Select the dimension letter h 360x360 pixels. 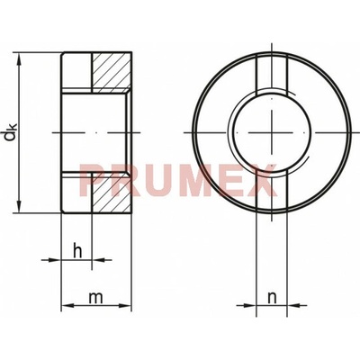[x=77, y=251]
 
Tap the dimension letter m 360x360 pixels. [x=96, y=298]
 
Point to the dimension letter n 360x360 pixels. [x=272, y=298]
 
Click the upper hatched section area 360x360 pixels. [x=112, y=73]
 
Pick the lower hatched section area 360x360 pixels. [x=112, y=193]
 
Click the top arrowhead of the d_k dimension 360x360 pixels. [x=20, y=59]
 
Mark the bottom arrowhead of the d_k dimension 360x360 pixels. [x=20, y=207]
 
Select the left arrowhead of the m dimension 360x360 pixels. [x=67, y=306]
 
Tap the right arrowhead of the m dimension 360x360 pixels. [x=125, y=306]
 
